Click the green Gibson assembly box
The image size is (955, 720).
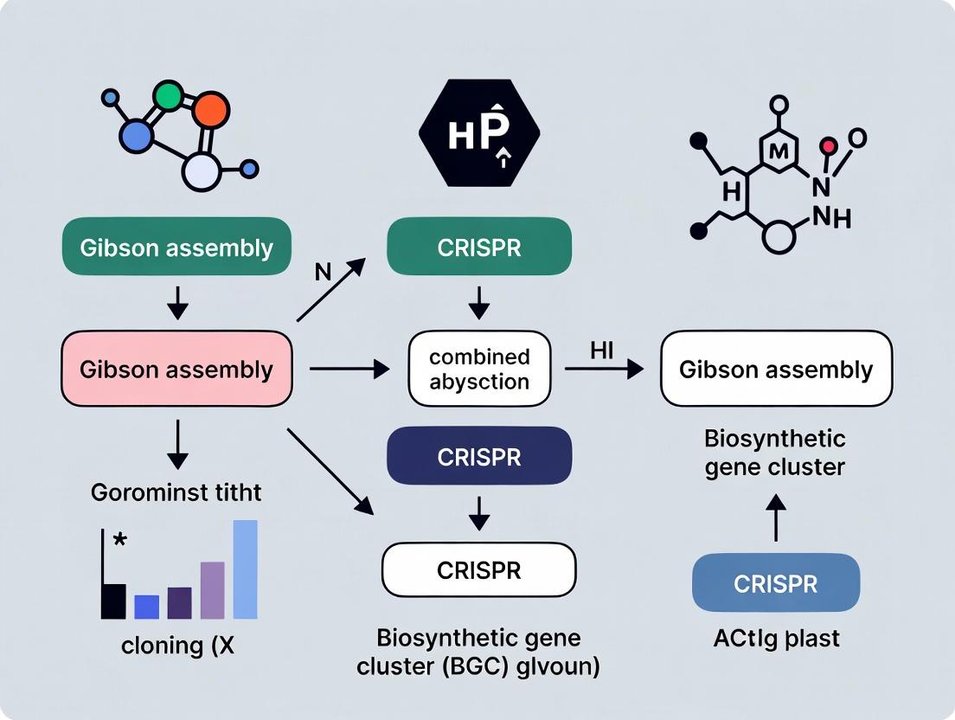[176, 248]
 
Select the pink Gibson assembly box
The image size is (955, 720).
[176, 370]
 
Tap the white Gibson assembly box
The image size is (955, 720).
[776, 370]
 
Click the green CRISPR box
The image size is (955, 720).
[478, 247]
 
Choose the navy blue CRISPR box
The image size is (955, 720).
[478, 456]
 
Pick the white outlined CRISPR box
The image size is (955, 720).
[478, 569]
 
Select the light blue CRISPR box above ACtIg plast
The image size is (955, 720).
[776, 583]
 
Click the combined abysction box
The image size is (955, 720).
[478, 370]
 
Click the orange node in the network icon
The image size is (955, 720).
[209, 110]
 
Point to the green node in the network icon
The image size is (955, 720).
[168, 96]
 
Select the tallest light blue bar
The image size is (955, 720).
[245, 569]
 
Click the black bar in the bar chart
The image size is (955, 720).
[113, 601]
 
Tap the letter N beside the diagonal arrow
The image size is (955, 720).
[323, 273]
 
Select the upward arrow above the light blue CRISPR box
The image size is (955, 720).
[776, 518]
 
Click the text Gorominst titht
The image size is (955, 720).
[176, 493]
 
